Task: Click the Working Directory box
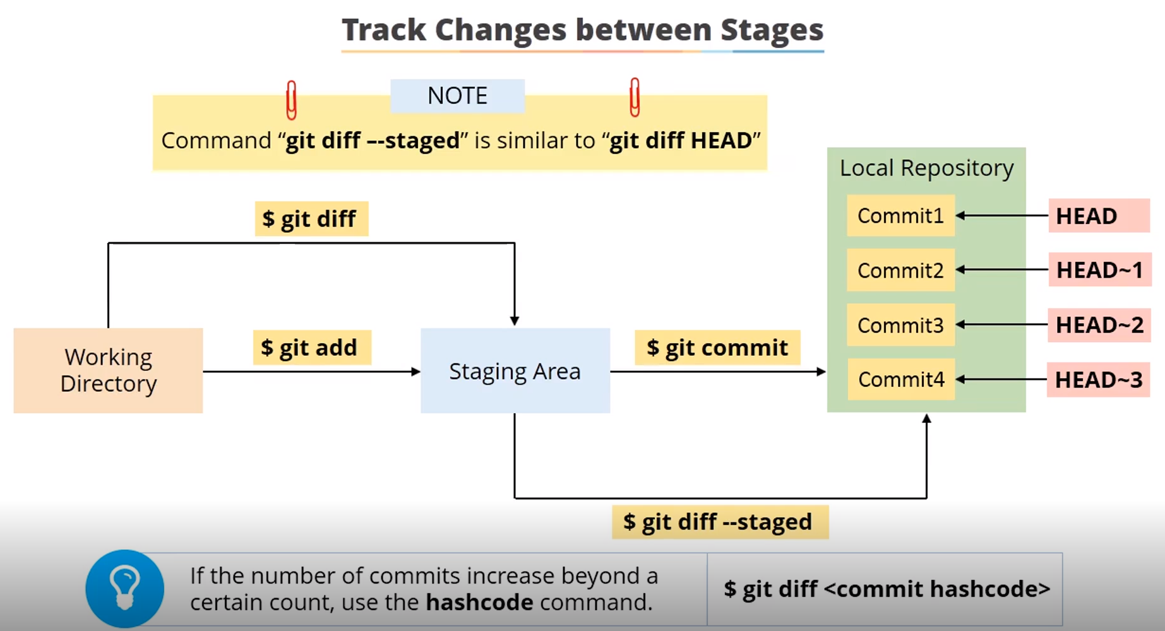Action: pyautogui.click(x=108, y=370)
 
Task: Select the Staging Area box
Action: pyautogui.click(x=515, y=370)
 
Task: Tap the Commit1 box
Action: pyautogui.click(x=900, y=216)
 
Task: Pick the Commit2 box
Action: pyautogui.click(x=900, y=270)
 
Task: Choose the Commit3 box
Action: pyautogui.click(x=900, y=325)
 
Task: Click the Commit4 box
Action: pyautogui.click(x=901, y=379)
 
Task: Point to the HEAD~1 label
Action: pyautogui.click(x=1100, y=270)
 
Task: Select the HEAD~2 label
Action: pyautogui.click(x=1099, y=325)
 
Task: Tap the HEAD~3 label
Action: pyautogui.click(x=1099, y=380)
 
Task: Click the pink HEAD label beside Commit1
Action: pyautogui.click(x=1099, y=216)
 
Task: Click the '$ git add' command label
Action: pyautogui.click(x=312, y=348)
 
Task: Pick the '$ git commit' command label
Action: pyautogui.click(x=717, y=348)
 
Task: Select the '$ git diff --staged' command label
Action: pyautogui.click(x=720, y=522)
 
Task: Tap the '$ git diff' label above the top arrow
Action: pyautogui.click(x=311, y=219)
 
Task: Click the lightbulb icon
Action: pyautogui.click(x=125, y=589)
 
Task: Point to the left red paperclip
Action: pyautogui.click(x=291, y=100)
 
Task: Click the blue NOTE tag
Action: pyautogui.click(x=457, y=96)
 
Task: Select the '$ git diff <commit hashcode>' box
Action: pyautogui.click(x=885, y=589)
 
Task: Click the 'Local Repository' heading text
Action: pyautogui.click(x=926, y=168)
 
